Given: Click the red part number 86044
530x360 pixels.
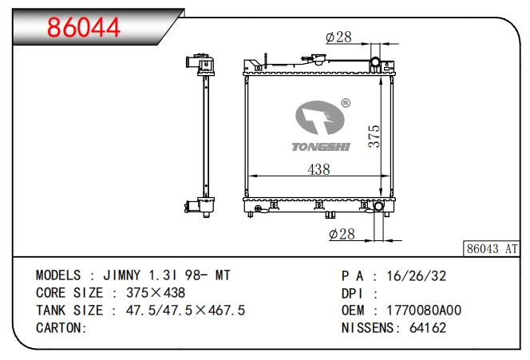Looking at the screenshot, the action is coord(84,27).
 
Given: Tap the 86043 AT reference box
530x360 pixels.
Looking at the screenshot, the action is coord(492,249).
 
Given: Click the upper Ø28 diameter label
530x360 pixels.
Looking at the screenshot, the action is coord(338,37).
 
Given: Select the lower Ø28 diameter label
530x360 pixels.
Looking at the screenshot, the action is coord(342,234).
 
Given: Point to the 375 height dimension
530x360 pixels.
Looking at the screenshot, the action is coord(374,136).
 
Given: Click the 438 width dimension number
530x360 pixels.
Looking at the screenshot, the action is coord(318,169).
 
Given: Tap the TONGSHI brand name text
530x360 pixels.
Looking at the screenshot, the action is coord(321,147).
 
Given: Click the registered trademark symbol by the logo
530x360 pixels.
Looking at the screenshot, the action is coord(346,103).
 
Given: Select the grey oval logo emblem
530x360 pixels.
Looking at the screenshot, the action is coord(320,117).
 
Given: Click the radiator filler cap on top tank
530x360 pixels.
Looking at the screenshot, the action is coord(318,59).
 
